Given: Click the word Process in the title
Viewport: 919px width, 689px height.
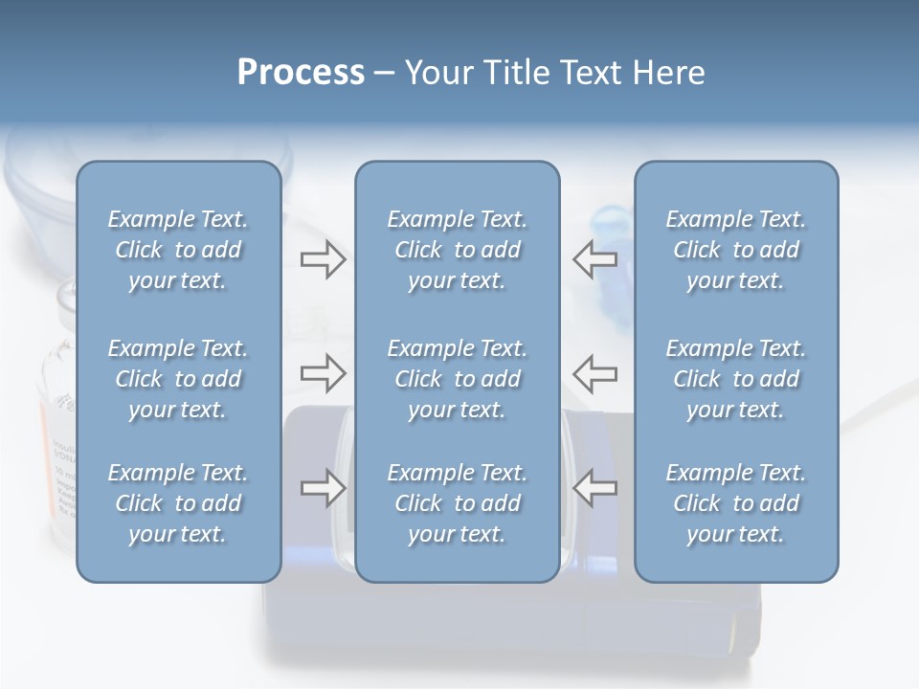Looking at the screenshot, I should pos(301,73).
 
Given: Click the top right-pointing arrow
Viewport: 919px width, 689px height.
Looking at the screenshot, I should pos(323,259).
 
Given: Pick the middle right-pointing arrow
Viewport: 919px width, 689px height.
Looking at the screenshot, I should pos(323,373).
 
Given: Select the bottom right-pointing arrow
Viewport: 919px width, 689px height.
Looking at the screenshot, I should pos(323,488).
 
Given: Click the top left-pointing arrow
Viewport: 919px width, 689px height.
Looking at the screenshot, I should pos(594,259).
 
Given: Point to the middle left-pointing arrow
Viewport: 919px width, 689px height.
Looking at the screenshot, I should pos(594,373).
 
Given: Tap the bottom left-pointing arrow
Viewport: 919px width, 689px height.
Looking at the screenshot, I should pos(594,488).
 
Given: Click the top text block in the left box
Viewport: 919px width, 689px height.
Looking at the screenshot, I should pos(178,250).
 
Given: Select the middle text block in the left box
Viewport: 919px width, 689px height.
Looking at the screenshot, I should pos(178,379).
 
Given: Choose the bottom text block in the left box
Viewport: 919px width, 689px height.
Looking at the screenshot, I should pos(178,503).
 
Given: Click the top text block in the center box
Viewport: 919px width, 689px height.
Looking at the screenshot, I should pos(458,250).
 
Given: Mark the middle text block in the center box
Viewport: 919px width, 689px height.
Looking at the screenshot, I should pos(458,379).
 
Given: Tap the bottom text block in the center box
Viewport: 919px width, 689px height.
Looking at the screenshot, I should pos(458,503).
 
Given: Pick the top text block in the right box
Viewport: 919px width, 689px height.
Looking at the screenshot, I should pos(736,250).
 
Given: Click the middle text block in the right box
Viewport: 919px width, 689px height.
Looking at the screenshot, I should pos(736,379).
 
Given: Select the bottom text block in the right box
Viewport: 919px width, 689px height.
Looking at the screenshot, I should pos(736,503).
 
